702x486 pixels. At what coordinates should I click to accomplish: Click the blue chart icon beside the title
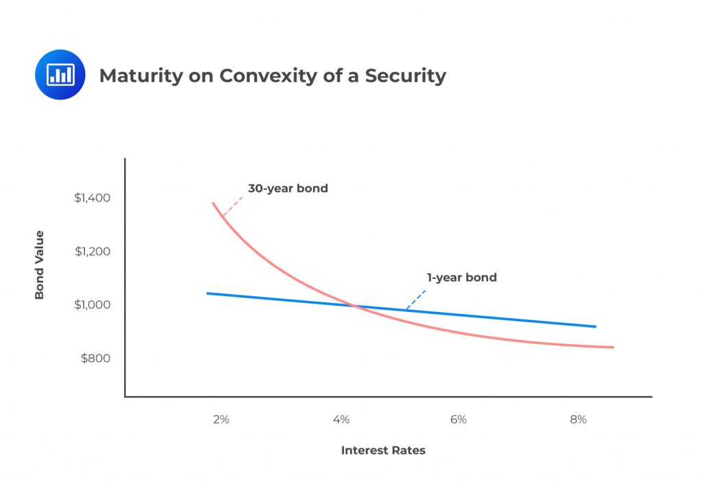[60, 75]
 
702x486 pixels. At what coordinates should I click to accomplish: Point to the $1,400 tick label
[93, 198]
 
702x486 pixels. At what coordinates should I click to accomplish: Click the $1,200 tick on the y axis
[93, 251]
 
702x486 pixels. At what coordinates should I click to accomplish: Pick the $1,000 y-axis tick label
[93, 304]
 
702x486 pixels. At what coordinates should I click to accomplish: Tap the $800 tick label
[95, 358]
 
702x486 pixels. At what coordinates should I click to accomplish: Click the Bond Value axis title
[39, 265]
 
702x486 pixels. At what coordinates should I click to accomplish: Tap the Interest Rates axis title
[383, 450]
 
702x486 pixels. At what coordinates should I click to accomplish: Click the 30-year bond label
[287, 188]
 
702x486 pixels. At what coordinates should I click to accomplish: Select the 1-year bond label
[461, 278]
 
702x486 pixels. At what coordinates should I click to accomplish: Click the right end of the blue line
[595, 326]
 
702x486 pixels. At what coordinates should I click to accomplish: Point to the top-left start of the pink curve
[213, 204]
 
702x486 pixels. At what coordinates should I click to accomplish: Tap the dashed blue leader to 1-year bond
[415, 300]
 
